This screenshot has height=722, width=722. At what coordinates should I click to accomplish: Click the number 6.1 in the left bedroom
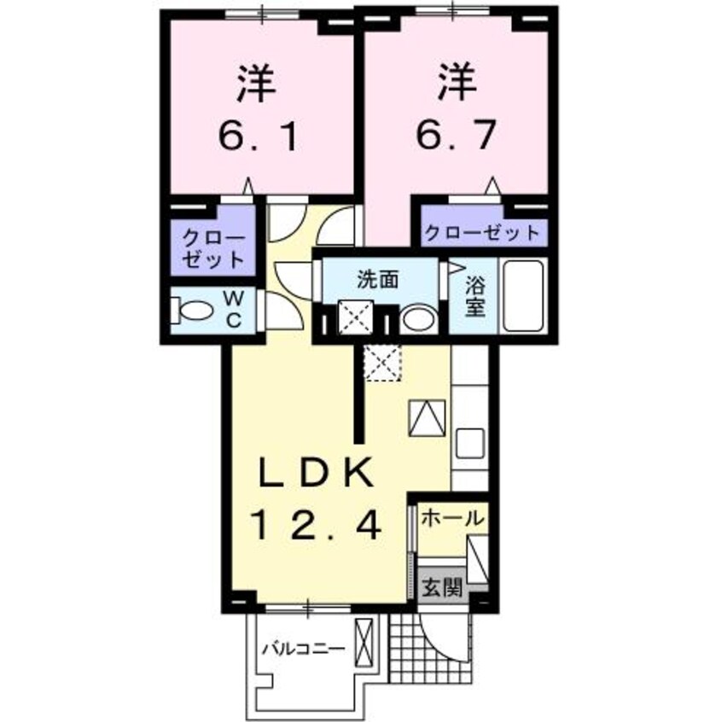(x=259, y=134)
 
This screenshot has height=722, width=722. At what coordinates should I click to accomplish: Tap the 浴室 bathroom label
(x=475, y=294)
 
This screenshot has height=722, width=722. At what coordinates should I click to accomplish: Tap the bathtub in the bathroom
(x=524, y=298)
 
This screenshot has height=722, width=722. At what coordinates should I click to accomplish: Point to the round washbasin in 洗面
(x=418, y=319)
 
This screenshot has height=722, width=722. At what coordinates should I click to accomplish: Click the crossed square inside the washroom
(x=352, y=317)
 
